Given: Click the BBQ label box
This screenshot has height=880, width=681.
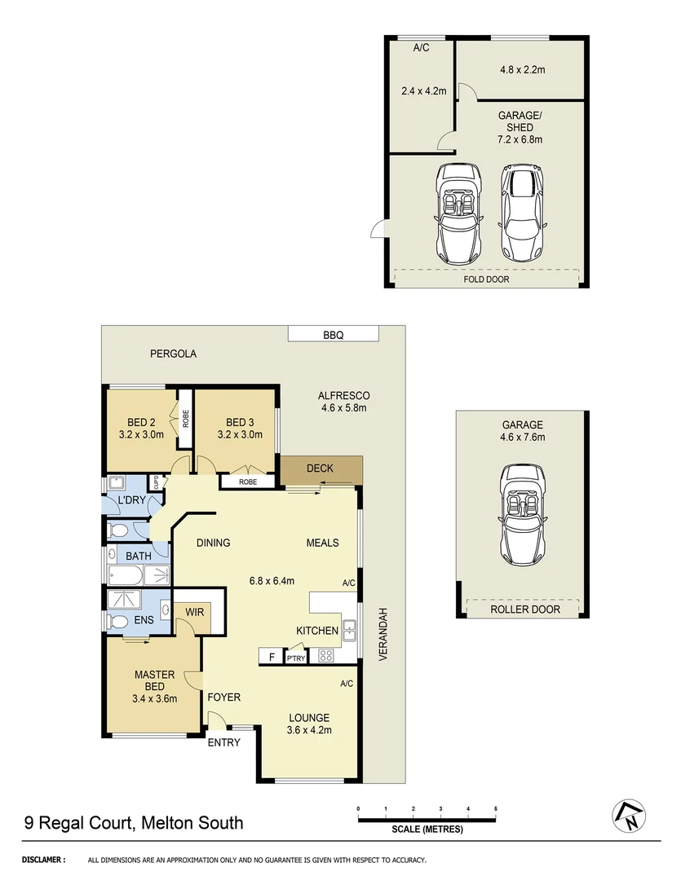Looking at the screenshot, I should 334,333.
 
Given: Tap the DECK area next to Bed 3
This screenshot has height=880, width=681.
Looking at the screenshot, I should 321,469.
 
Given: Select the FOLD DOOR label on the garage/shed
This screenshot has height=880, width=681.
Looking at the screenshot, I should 485,279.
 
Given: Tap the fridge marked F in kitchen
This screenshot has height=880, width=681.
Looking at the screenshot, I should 269,656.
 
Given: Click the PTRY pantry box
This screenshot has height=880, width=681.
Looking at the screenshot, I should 294,658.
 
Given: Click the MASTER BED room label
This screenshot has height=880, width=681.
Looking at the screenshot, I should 155,680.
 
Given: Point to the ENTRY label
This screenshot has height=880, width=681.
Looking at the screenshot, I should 223,742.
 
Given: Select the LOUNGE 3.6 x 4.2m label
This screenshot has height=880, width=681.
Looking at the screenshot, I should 309,724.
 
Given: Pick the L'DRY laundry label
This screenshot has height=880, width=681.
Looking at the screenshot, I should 130,499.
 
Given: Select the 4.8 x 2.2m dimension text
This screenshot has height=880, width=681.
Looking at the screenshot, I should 522,69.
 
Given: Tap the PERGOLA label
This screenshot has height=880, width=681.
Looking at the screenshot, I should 173,354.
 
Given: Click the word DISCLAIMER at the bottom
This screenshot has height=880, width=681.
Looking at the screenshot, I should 45,860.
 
